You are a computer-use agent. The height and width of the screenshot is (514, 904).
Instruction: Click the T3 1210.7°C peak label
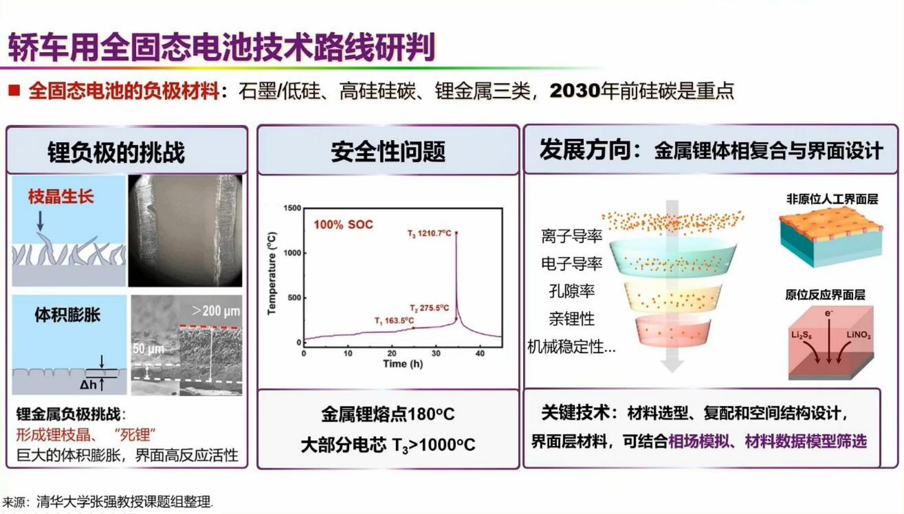point(429,234)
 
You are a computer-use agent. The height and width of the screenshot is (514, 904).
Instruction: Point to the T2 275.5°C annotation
point(429,308)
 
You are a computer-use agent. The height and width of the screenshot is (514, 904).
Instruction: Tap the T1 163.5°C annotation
point(394,321)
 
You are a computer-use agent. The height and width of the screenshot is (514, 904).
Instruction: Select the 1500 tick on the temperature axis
point(292,208)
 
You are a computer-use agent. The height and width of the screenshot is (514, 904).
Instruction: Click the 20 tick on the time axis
point(392,353)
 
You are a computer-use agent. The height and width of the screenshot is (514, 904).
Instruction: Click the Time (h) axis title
point(403,363)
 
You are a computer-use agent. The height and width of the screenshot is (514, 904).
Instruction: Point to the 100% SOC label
point(343,225)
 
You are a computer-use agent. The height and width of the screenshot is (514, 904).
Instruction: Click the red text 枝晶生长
point(61,196)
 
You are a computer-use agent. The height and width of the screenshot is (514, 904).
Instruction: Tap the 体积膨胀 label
point(68,314)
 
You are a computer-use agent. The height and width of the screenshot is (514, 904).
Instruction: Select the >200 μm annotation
point(216,311)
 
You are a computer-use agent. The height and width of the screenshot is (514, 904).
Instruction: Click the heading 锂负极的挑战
point(116,153)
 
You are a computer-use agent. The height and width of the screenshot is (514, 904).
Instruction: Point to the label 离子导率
point(571,236)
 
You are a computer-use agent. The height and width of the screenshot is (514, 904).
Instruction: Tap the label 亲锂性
point(571,319)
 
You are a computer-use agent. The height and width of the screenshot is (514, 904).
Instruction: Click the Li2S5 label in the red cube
point(801,335)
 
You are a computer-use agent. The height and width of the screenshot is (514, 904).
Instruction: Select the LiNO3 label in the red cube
point(859,335)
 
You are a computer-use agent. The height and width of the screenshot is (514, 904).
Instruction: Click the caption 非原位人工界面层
point(832,199)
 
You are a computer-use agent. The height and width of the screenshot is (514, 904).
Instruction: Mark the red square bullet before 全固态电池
point(14,91)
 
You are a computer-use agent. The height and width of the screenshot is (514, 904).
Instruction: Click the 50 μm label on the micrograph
point(149,350)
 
